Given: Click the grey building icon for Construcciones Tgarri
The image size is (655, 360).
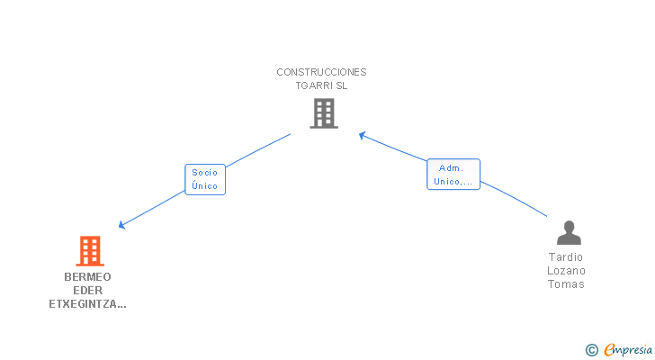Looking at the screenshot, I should click(323, 113).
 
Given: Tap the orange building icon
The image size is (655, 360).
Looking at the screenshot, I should click(89, 250).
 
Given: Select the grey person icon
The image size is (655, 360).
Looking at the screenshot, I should click(569, 233).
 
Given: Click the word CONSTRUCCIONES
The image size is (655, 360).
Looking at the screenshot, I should click(321, 72).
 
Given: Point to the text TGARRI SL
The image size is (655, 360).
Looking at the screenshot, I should click(321, 85).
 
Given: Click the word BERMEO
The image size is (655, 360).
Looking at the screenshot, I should click(87, 276).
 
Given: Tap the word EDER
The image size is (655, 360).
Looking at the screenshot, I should click(87, 290).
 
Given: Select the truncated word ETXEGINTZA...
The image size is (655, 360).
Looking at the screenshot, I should click(87, 304).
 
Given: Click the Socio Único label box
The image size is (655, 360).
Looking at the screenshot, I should click(204, 179).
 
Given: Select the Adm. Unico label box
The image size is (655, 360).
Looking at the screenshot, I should click(453, 175).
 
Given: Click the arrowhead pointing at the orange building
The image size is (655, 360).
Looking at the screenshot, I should click(121, 225).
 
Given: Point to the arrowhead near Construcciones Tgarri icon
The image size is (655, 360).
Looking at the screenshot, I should click(363, 136).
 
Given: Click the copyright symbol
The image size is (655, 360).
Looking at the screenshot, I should click(591, 350).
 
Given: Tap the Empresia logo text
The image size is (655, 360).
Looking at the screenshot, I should click(628, 350).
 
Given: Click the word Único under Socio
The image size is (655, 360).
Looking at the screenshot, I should click(204, 186).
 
